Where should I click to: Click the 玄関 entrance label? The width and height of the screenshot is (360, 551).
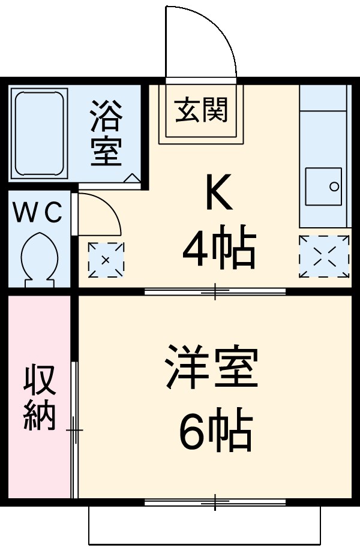[x=202, y=111]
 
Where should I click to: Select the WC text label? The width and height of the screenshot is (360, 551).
[x=38, y=213]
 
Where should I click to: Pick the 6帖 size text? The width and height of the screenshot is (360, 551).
[x=214, y=431]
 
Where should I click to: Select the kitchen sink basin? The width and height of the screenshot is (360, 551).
[x=324, y=186]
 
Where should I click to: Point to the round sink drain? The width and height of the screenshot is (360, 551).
[x=335, y=186]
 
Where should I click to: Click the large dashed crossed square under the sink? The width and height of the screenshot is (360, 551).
[x=324, y=256]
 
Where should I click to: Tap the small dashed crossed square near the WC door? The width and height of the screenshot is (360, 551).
[x=106, y=259]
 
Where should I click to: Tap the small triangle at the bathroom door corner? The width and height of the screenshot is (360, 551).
[x=131, y=177]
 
